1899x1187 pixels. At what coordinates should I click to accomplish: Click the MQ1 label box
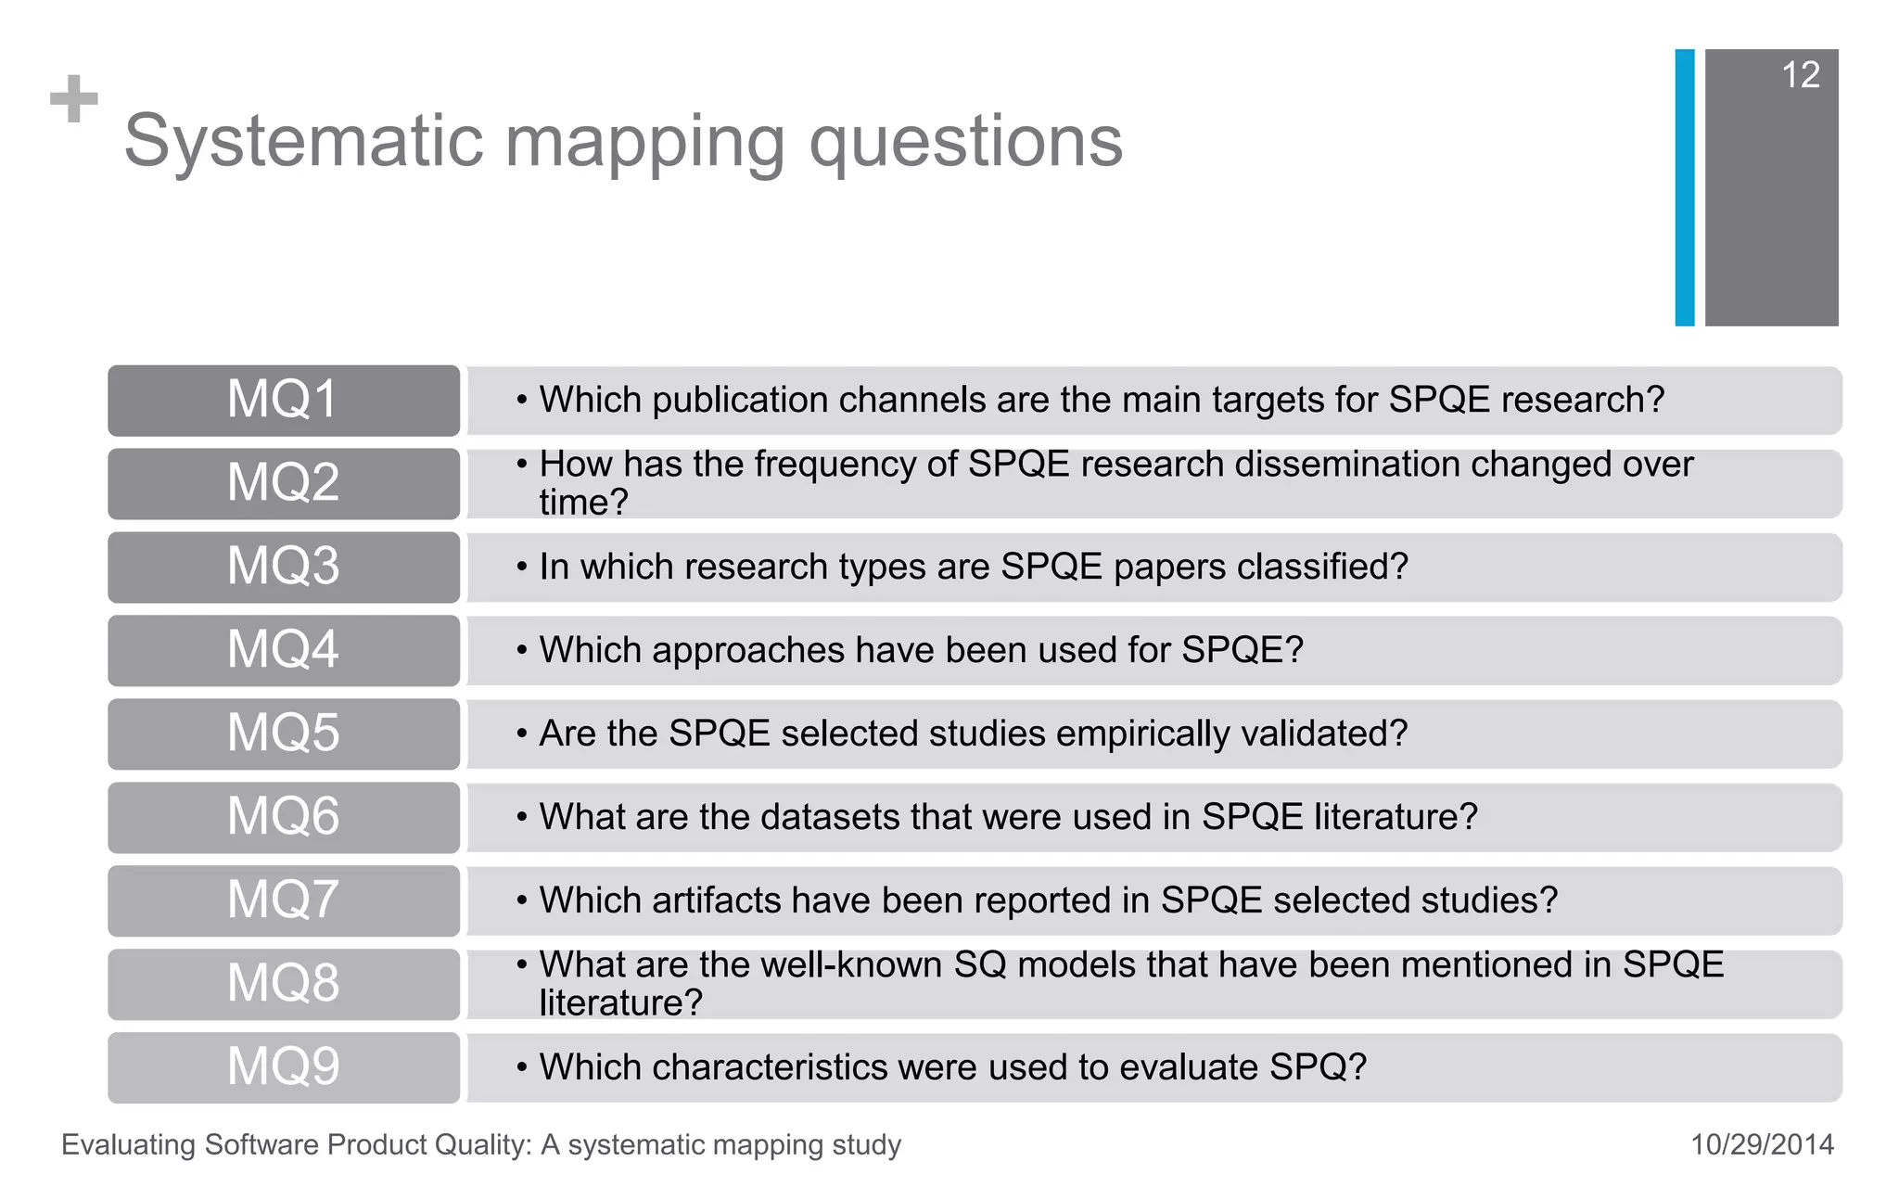click(283, 401)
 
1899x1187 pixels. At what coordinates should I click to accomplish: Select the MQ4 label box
click(283, 650)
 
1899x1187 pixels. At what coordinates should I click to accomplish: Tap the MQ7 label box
click(283, 900)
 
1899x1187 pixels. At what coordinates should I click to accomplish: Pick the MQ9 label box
click(283, 1067)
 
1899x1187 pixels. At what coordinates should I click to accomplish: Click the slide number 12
click(1800, 75)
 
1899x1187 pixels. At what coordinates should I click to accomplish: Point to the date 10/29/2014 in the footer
click(1762, 1144)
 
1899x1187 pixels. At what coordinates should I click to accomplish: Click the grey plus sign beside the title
click(74, 99)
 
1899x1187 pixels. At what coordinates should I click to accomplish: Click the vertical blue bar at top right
click(1684, 187)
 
